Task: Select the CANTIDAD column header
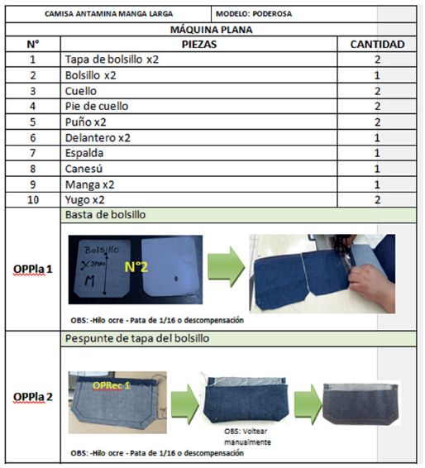(377, 44)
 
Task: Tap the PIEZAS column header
(199, 44)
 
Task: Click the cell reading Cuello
(81, 91)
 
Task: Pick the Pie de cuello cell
(97, 107)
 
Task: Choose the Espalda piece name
(85, 153)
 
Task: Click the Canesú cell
(84, 169)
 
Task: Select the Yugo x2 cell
(85, 200)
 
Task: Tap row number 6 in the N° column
(32, 137)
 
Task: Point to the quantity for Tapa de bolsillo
(377, 60)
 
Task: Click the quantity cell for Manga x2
(377, 184)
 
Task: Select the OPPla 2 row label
(32, 397)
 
